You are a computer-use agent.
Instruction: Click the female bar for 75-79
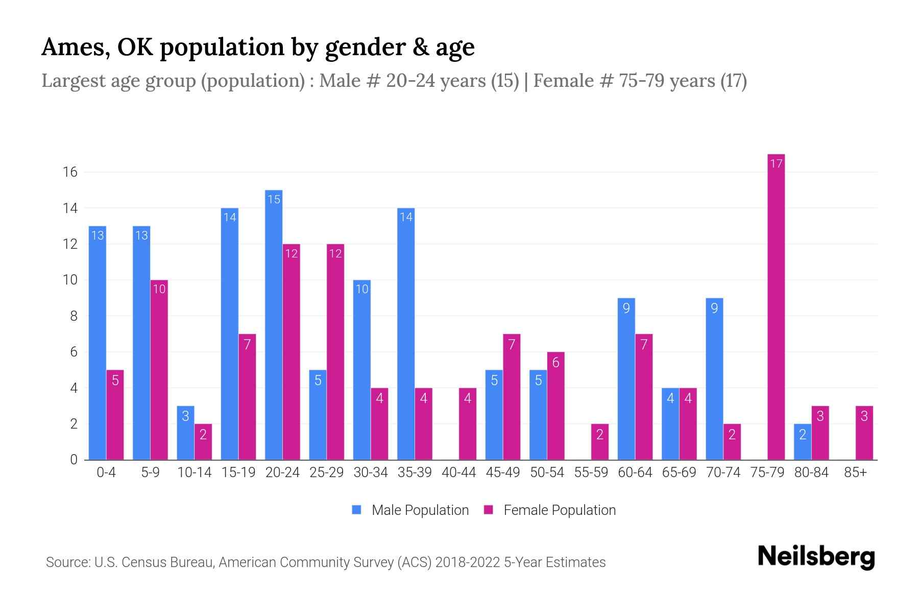click(x=776, y=306)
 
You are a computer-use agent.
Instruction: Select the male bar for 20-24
click(x=274, y=325)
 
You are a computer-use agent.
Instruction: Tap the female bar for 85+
click(x=864, y=433)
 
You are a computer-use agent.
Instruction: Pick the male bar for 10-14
click(x=185, y=433)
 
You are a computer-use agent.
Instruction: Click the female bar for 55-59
click(x=599, y=442)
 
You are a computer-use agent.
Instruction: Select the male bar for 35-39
click(x=406, y=334)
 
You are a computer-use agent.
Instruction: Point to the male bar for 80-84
click(x=802, y=442)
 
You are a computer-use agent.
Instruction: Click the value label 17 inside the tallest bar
click(x=776, y=163)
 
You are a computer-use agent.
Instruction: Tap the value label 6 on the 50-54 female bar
click(x=555, y=362)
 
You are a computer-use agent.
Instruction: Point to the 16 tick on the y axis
click(x=70, y=172)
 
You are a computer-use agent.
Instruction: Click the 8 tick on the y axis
click(x=74, y=316)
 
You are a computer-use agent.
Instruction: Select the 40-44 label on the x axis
click(x=458, y=473)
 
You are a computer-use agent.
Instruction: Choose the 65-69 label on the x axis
click(x=679, y=473)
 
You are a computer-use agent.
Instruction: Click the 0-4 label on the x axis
click(x=106, y=473)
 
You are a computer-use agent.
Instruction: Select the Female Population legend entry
click(x=550, y=510)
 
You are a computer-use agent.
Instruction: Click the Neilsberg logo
click(x=816, y=557)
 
